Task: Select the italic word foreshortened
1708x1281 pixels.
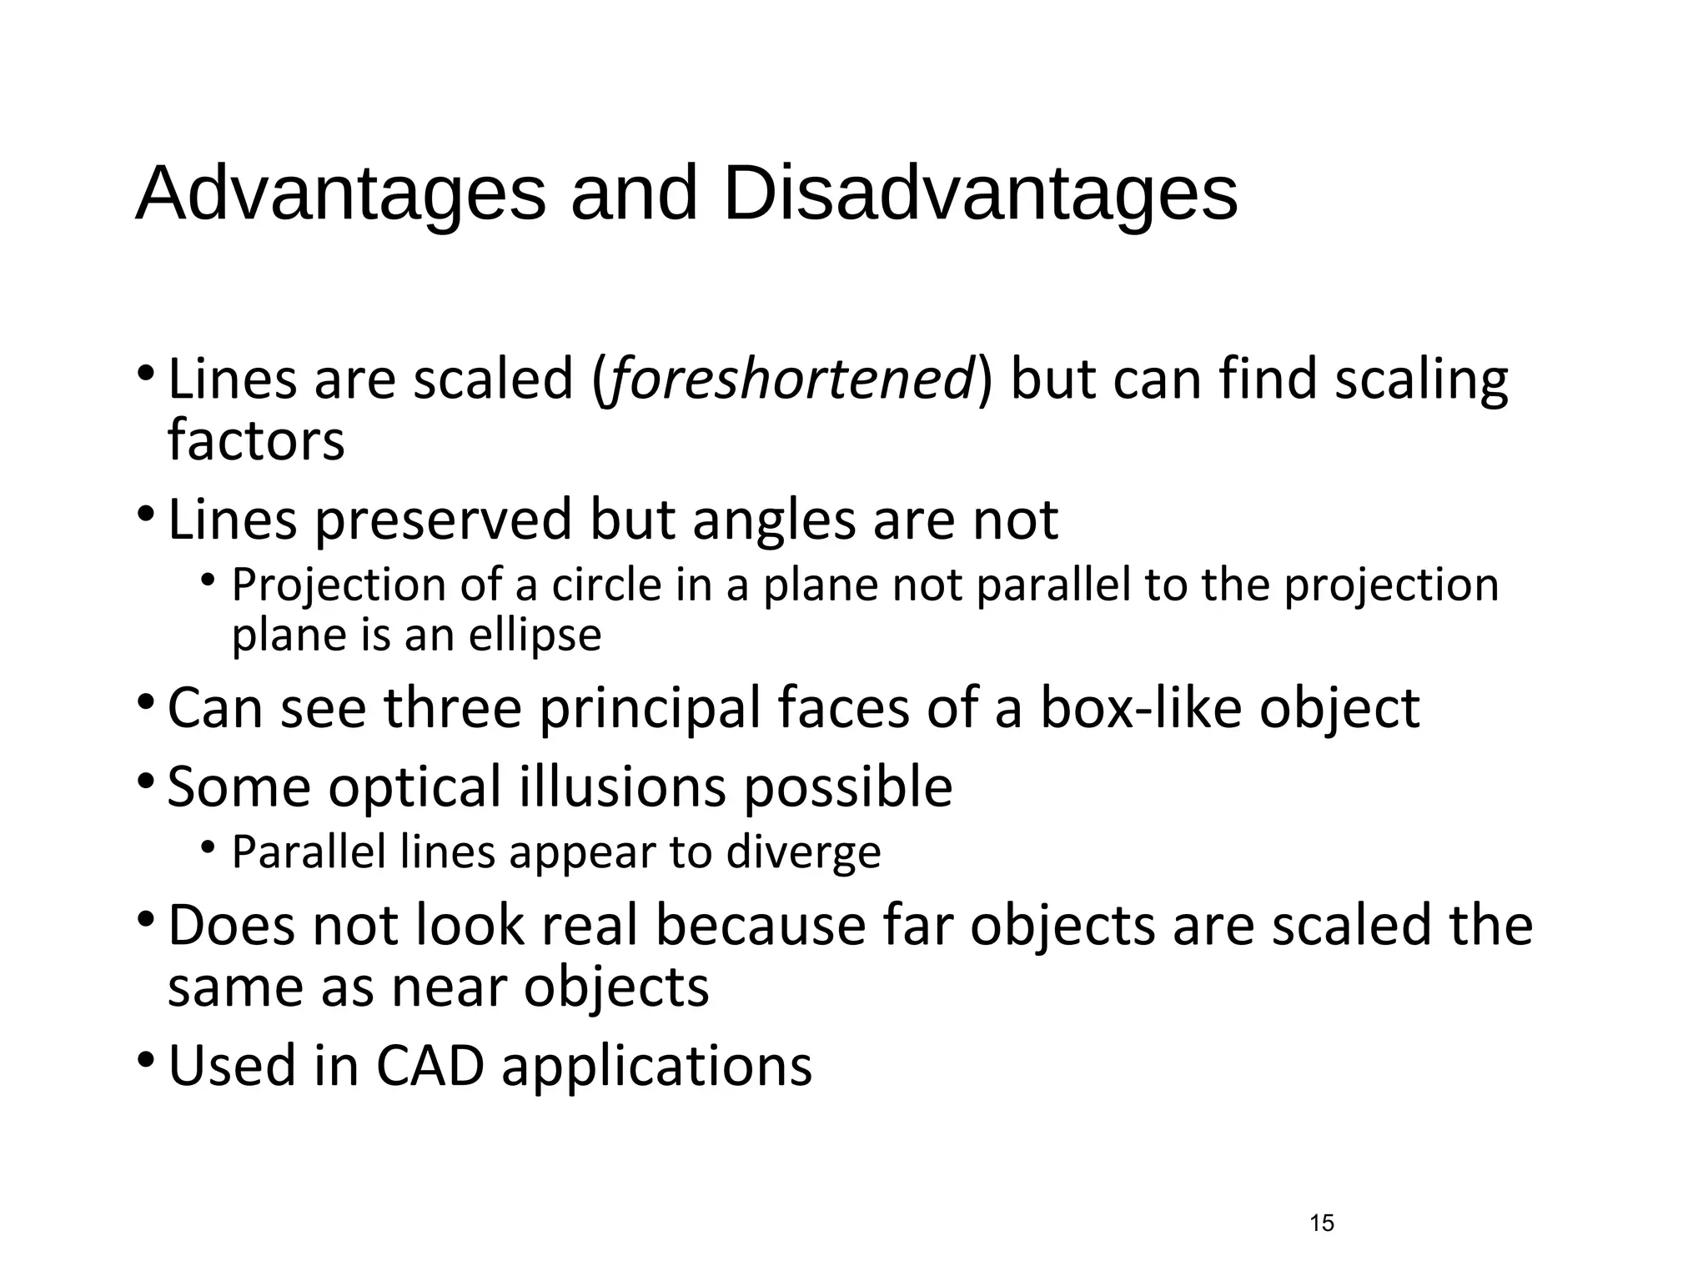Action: tap(791, 379)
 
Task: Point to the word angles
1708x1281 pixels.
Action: tap(773, 520)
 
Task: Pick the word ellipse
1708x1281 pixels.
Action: tap(535, 635)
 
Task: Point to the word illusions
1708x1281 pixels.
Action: tap(622, 786)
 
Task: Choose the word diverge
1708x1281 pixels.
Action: tap(803, 852)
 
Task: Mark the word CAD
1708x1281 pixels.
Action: tap(430, 1066)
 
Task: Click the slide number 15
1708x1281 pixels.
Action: tap(1322, 1223)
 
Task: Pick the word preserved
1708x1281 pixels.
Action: tap(443, 520)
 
